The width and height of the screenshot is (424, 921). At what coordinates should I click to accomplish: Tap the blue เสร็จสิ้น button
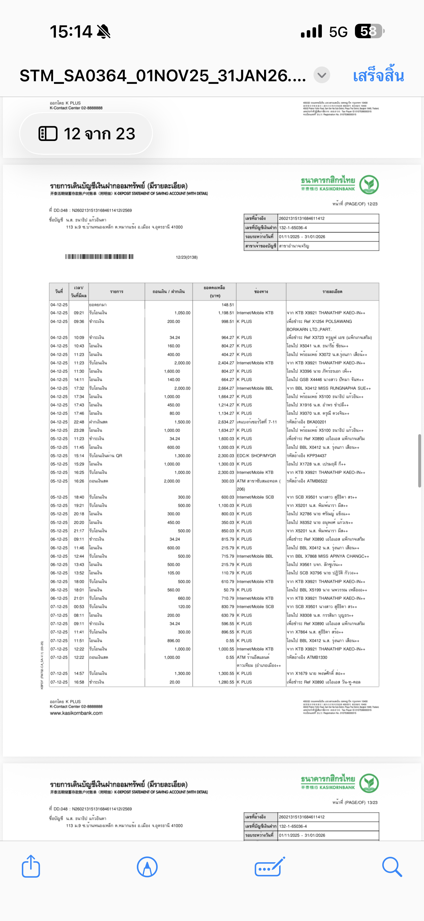(x=378, y=76)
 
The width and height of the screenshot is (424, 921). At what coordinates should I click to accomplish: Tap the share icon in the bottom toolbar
(x=31, y=866)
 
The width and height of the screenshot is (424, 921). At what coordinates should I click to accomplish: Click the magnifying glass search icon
(x=392, y=866)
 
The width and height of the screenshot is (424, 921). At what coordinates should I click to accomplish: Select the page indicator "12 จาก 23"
(x=86, y=134)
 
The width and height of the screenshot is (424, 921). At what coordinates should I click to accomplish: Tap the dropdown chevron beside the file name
(x=322, y=75)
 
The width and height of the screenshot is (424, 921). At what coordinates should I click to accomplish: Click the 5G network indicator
(x=338, y=32)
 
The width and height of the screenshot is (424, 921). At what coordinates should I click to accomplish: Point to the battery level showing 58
(x=369, y=31)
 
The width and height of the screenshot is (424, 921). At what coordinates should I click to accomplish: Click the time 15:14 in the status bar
(x=71, y=32)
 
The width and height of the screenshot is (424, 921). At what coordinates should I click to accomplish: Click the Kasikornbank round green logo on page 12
(x=369, y=184)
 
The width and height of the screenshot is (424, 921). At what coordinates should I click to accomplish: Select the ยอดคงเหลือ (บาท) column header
(x=215, y=291)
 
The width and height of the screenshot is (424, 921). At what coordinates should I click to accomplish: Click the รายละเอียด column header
(x=332, y=291)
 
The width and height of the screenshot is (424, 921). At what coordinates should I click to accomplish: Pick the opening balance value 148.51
(x=227, y=305)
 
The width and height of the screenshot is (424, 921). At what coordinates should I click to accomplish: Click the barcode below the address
(x=99, y=256)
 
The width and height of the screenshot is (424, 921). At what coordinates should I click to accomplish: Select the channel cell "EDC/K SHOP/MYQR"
(x=256, y=455)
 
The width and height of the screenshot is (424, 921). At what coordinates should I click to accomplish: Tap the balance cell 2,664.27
(x=226, y=388)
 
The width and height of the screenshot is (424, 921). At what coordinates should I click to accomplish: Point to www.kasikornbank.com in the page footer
(x=76, y=713)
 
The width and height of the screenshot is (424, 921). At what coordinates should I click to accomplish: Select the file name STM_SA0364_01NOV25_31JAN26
(x=163, y=76)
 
